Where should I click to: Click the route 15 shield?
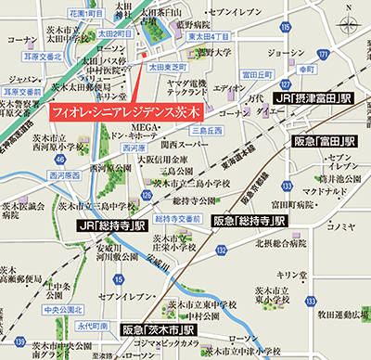tap(118, 278)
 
